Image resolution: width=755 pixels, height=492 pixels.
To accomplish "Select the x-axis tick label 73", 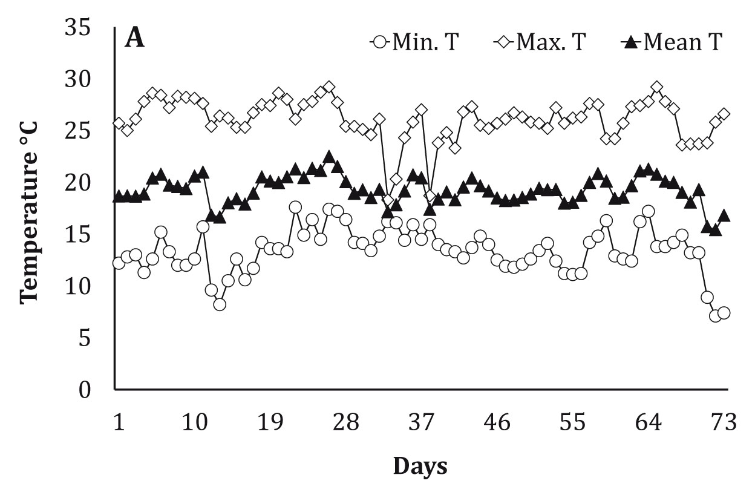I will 724,422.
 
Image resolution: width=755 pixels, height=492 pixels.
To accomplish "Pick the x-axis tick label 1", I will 119,422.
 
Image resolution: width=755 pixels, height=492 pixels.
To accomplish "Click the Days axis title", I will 420,466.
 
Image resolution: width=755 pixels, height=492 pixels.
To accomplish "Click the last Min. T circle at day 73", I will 724,313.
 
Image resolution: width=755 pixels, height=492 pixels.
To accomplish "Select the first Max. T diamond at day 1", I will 119,123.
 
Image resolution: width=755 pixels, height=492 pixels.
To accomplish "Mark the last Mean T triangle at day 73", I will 724,216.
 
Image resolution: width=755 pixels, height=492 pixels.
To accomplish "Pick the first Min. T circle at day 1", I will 119,263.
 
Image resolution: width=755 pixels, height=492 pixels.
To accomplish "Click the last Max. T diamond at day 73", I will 724,114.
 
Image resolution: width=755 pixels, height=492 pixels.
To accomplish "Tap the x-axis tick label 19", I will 270,422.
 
